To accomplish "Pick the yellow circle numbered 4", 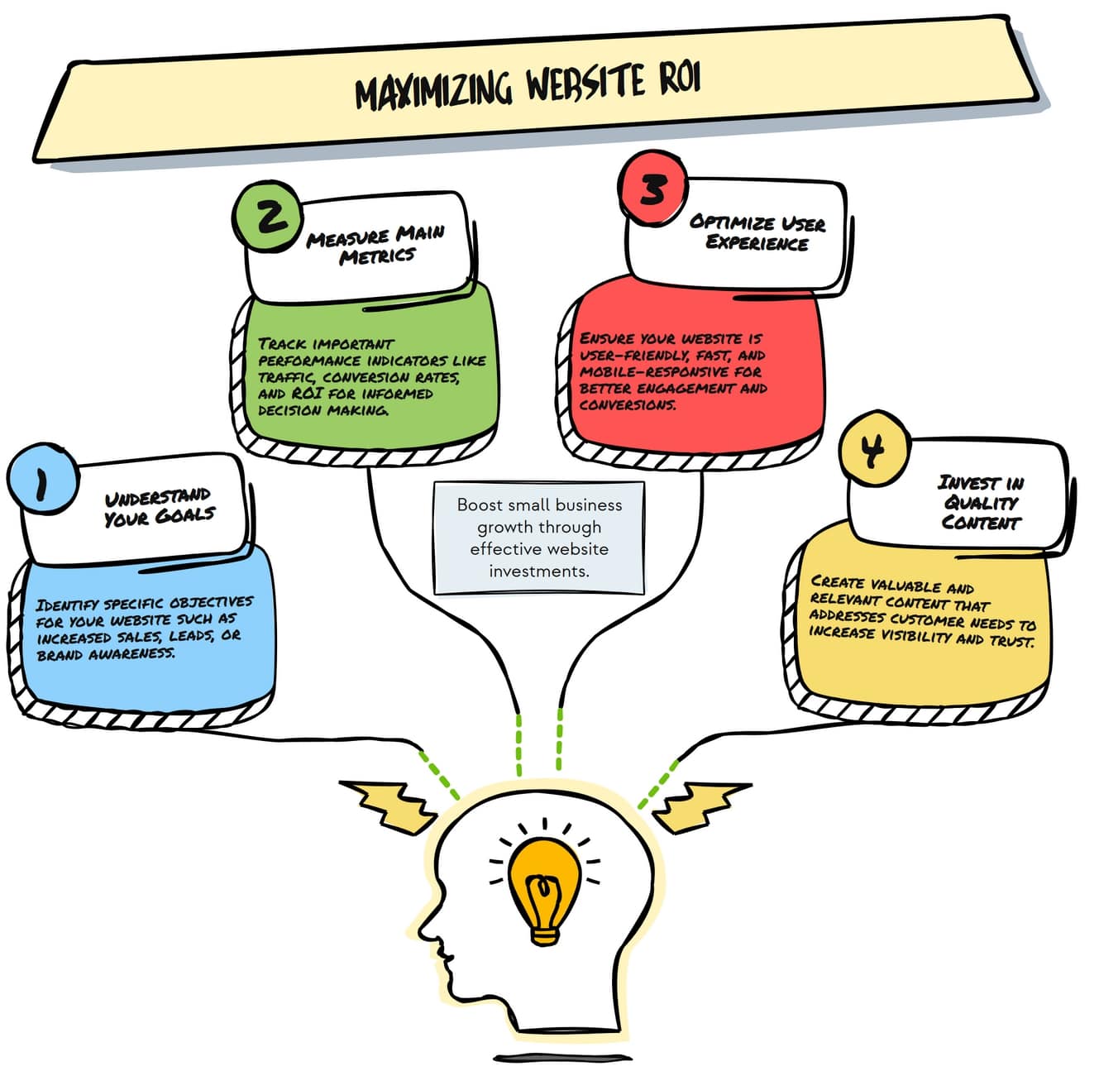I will pyautogui.click(x=873, y=451).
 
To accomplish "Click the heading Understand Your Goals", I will pyautogui.click(x=159, y=507).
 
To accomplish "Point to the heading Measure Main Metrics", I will pyautogui.click(x=376, y=245).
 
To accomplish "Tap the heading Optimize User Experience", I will pyautogui.click(x=757, y=232).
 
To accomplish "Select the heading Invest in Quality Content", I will pyautogui.click(x=981, y=502).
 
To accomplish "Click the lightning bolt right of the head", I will pyautogui.click(x=700, y=807).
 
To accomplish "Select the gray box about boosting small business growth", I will pyautogui.click(x=539, y=538).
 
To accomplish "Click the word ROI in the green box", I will pyautogui.click(x=307, y=394).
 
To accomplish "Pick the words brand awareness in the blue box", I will pyautogui.click(x=106, y=654).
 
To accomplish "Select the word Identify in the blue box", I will pyautogui.click(x=66, y=605).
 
